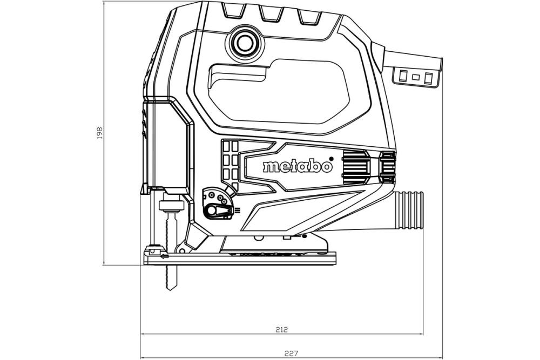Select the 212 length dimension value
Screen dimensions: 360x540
pos(281,329)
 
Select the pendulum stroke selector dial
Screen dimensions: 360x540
pos(219,205)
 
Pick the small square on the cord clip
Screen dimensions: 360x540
pos(416,77)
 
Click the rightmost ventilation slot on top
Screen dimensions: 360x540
pos(308,15)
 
